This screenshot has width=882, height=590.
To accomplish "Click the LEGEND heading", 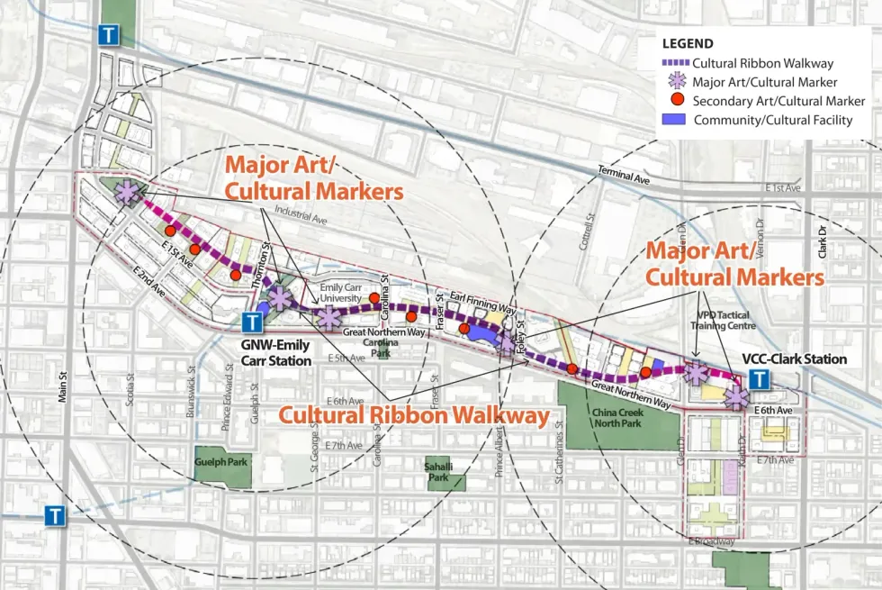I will [x=688, y=43].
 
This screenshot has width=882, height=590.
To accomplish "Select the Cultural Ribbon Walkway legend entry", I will [x=762, y=63].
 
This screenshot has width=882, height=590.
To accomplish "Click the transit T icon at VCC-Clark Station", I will [x=761, y=379].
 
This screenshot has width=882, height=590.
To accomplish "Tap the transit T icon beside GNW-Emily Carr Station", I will [x=253, y=321].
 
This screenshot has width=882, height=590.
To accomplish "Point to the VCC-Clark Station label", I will [x=794, y=359].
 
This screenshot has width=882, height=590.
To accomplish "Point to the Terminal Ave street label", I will [x=624, y=174].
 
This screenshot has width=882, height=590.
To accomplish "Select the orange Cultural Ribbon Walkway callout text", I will [x=413, y=415].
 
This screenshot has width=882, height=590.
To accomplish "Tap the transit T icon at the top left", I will [x=108, y=35].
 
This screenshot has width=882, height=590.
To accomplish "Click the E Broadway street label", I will [x=711, y=541].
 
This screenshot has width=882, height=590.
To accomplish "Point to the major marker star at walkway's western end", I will [x=128, y=192].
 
